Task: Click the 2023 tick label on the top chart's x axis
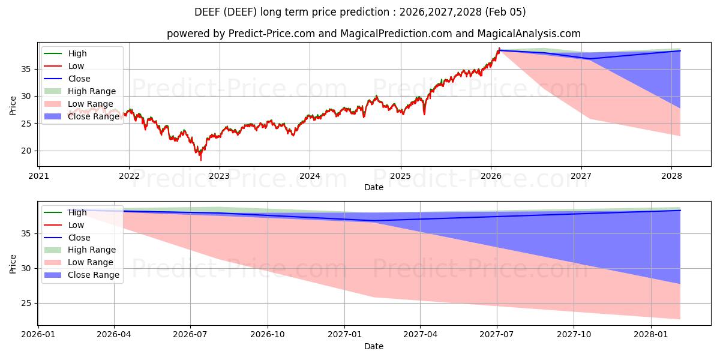pyautogui.click(x=219, y=176)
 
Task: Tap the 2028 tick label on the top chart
pyautogui.click(x=671, y=176)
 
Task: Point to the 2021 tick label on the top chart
pyautogui.click(x=38, y=176)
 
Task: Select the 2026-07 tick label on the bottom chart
pyautogui.click(x=190, y=335)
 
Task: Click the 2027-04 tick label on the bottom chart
pyautogui.click(x=420, y=335)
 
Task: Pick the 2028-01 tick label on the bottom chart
pyautogui.click(x=651, y=335)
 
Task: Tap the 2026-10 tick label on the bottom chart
pyautogui.click(x=268, y=335)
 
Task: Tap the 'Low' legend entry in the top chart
pyautogui.click(x=76, y=66)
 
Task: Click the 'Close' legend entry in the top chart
pyautogui.click(x=79, y=79)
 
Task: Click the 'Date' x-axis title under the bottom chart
pyautogui.click(x=373, y=346)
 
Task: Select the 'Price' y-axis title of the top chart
pyautogui.click(x=13, y=106)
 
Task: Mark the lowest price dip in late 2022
pyautogui.click(x=201, y=160)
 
